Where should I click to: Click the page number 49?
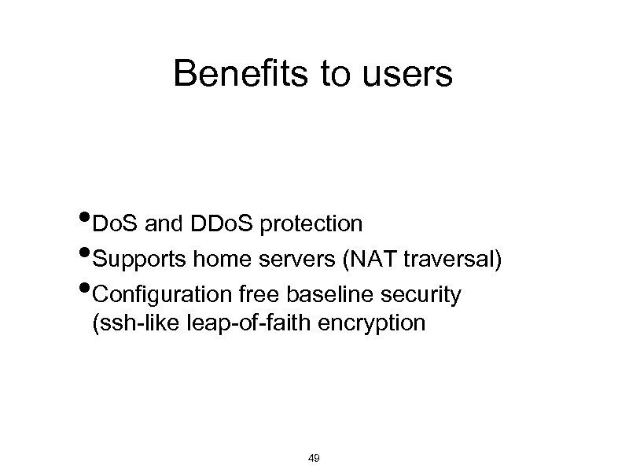click(x=314, y=458)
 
